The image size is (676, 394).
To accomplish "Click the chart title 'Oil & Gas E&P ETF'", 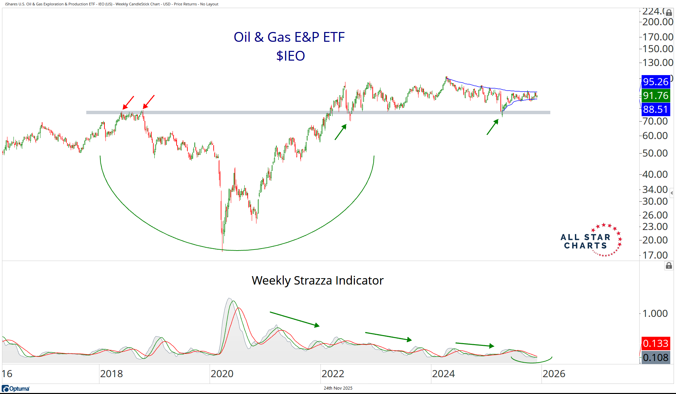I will pos(289,37).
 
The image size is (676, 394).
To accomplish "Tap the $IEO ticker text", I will pos(290,56).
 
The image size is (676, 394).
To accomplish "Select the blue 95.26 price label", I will pos(655,82).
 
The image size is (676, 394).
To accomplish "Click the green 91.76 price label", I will pos(655,96).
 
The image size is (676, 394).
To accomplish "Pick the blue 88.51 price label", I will pos(655,109).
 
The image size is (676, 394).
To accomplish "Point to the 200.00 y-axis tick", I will pos(657,22).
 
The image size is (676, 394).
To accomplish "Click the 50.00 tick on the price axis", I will pos(655,153).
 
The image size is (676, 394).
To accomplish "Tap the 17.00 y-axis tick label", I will pos(655,255).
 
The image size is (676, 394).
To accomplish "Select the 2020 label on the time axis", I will pos(222,374).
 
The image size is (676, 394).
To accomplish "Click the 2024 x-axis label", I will pos(443,374).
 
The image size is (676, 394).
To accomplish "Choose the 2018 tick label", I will pos(111,374).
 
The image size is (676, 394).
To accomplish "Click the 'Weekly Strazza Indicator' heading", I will pos(317,281).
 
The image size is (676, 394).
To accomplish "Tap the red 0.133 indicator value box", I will pos(655,343).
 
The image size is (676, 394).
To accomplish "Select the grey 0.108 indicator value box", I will pos(655,358).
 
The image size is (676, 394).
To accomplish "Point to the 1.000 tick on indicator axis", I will pos(655,314).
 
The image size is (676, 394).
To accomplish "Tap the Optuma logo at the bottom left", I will pos(16,389).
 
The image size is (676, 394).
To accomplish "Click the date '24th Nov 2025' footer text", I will pos(338,388).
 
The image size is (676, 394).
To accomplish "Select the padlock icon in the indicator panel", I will pos(669,266).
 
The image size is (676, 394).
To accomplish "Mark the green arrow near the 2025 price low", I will pos(492,127).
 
